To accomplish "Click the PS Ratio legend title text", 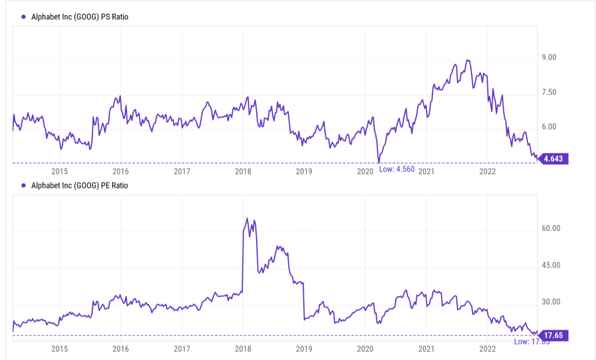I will [79, 17].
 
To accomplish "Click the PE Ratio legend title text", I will [79, 186].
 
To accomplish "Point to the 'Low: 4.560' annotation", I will [397, 169].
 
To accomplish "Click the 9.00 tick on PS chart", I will [549, 58].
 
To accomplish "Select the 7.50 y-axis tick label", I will [549, 92].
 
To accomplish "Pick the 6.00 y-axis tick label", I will [549, 127].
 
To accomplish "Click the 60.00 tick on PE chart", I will [551, 229].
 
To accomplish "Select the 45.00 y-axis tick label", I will [551, 265].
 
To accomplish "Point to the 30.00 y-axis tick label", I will [551, 302].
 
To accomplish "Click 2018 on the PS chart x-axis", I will [243, 172].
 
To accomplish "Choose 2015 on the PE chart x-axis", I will [59, 350].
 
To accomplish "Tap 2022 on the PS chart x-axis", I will [487, 172].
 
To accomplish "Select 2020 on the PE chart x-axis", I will [365, 350].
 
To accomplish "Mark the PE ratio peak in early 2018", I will [247, 219].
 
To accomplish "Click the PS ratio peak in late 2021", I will [467, 60].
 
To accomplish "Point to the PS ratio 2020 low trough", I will [379, 162].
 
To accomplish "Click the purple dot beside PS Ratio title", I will [23, 17].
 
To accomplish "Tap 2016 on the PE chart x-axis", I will [120, 350].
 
